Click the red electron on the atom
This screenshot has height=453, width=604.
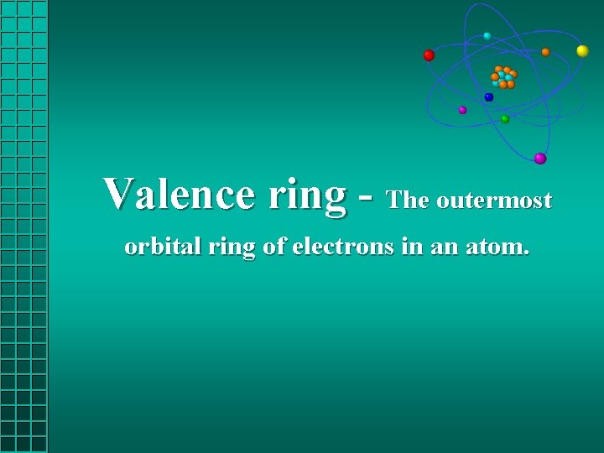429,55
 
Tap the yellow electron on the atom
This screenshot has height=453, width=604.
582,51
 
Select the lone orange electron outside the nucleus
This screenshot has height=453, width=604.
545,52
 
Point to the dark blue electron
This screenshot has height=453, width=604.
489,97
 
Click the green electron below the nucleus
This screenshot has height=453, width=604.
505,119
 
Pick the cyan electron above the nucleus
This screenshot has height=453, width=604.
487,36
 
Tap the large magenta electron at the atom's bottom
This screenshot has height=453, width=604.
540,158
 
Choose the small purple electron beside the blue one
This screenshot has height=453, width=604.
462,110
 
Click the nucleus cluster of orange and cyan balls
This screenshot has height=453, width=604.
503,77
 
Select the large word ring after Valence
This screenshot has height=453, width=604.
307,195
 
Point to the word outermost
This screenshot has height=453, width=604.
494,200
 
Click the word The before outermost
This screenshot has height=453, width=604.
409,200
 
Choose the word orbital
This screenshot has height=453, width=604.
156,247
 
